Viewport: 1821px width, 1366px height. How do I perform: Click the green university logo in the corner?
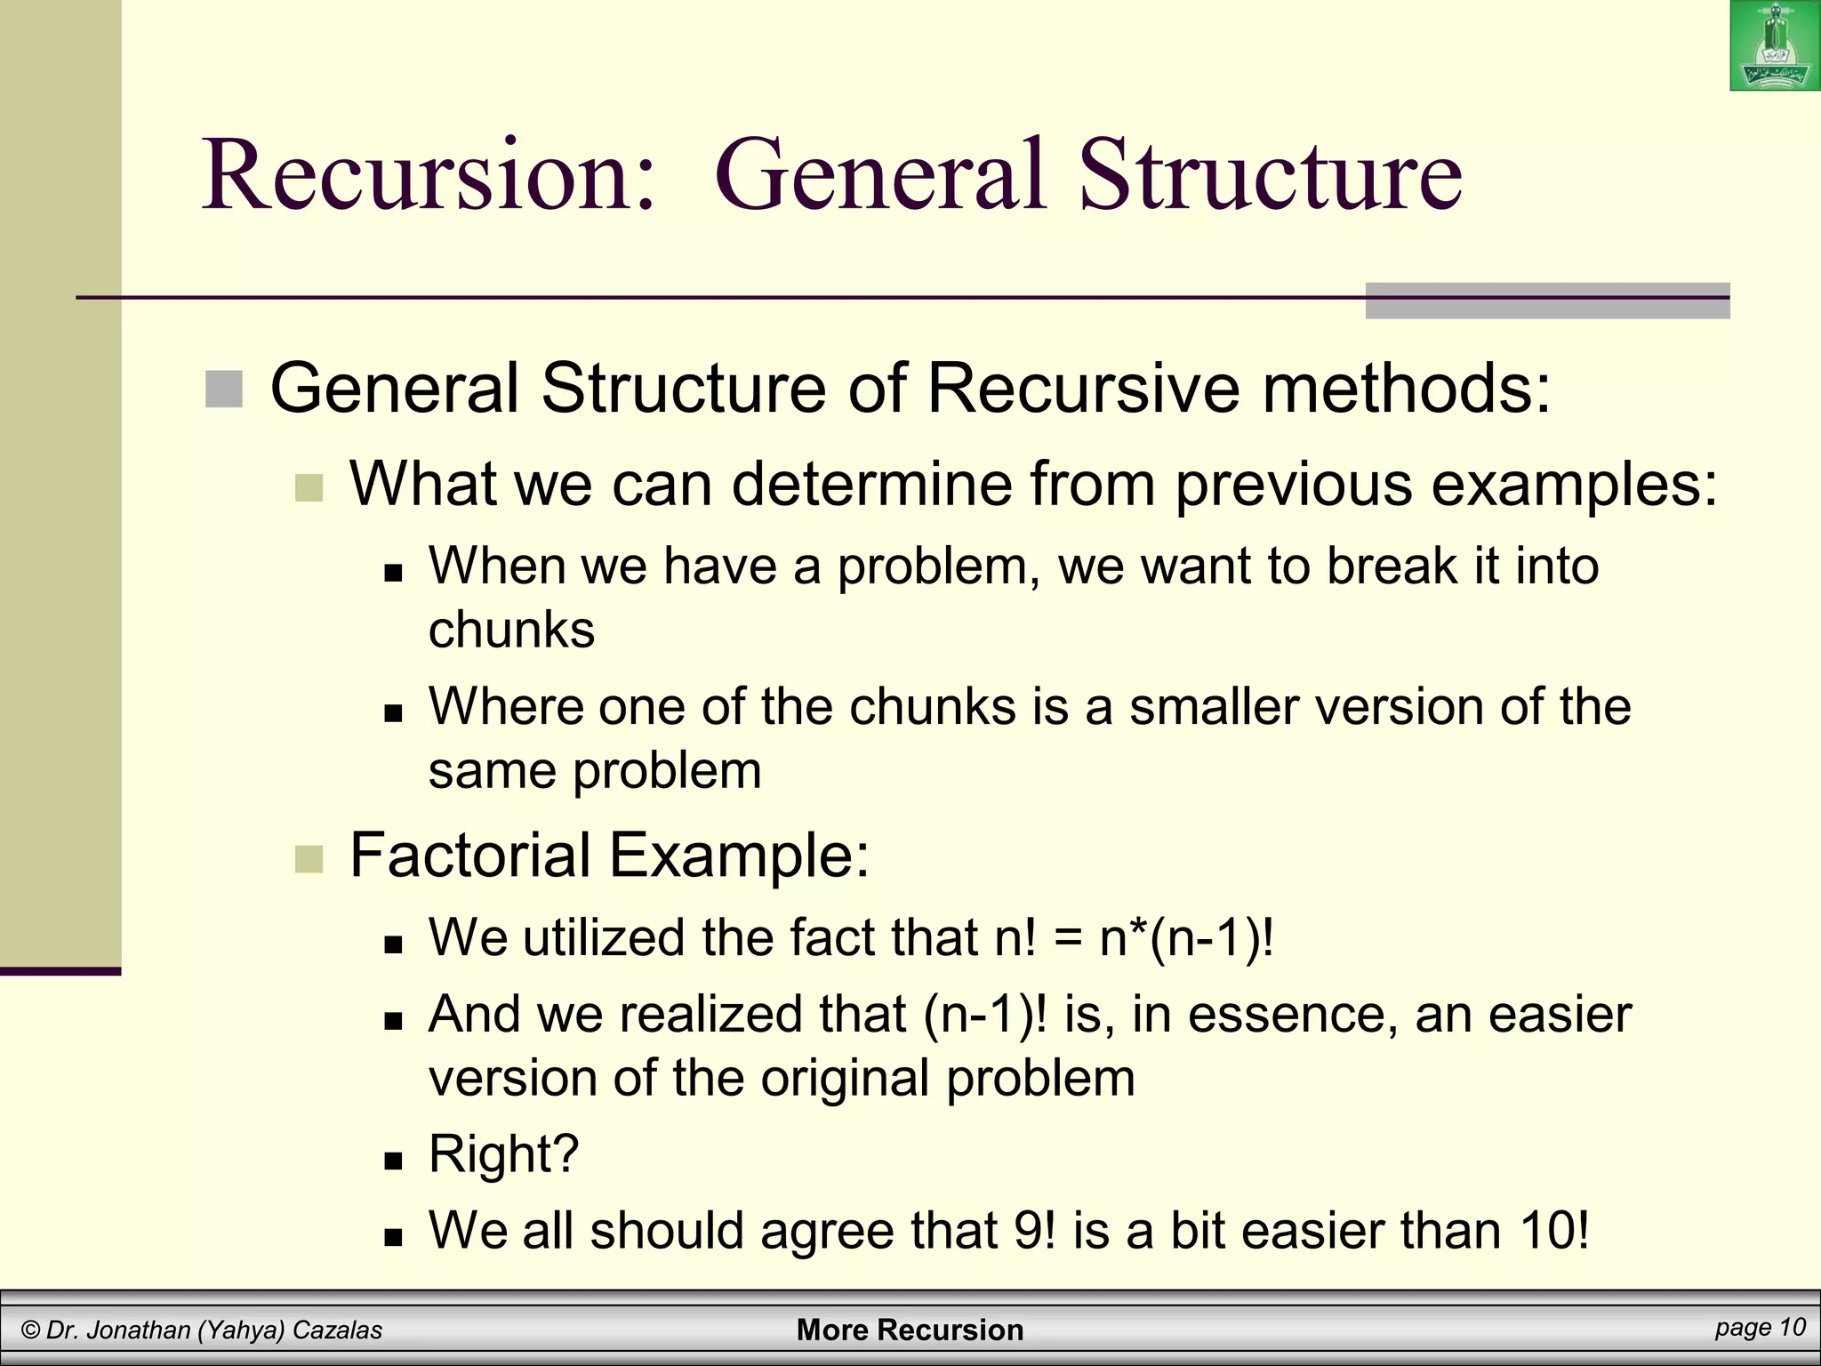tap(1774, 45)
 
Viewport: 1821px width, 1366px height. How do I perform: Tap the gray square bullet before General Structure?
tap(224, 390)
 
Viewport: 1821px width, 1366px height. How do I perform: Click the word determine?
tap(871, 485)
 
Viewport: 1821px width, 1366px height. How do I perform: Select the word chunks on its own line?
tap(511, 630)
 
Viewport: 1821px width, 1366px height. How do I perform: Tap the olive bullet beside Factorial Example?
tap(309, 859)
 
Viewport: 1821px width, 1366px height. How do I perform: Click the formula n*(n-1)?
tap(1186, 937)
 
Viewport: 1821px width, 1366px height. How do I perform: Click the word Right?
tap(503, 1153)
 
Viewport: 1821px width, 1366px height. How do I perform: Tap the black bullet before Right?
tap(393, 1161)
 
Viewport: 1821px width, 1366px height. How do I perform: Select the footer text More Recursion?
tap(910, 1330)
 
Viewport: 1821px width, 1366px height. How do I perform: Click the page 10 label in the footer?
tap(1760, 1327)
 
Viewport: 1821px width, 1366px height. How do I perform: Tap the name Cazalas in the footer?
tap(337, 1330)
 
